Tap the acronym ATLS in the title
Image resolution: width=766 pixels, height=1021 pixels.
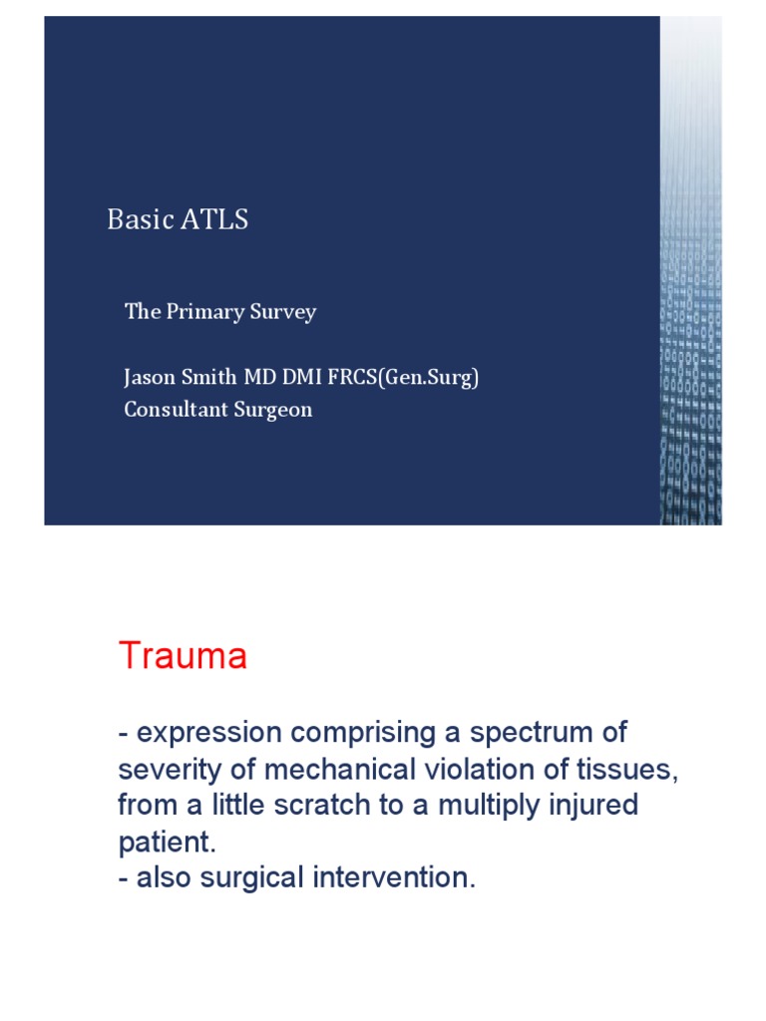(214, 219)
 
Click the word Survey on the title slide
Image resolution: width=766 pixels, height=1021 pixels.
(282, 312)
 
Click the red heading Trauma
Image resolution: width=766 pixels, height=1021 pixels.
(183, 656)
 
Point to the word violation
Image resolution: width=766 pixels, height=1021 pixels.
(461, 769)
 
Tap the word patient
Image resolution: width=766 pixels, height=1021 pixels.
(164, 842)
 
